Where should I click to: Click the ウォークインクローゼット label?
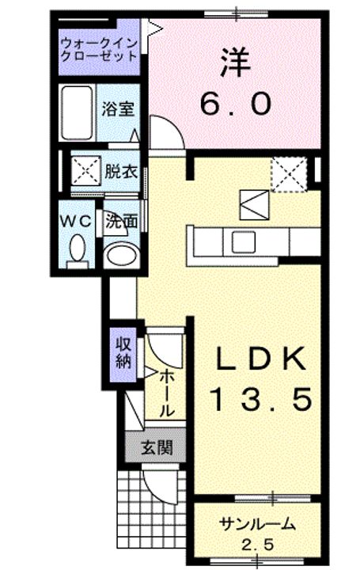click(x=98, y=49)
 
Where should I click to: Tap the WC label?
click(x=74, y=220)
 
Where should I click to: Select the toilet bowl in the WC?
click(x=77, y=249)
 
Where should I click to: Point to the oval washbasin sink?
click(x=120, y=255)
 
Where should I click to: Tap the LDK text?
click(x=260, y=361)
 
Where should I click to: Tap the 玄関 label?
click(x=156, y=448)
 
